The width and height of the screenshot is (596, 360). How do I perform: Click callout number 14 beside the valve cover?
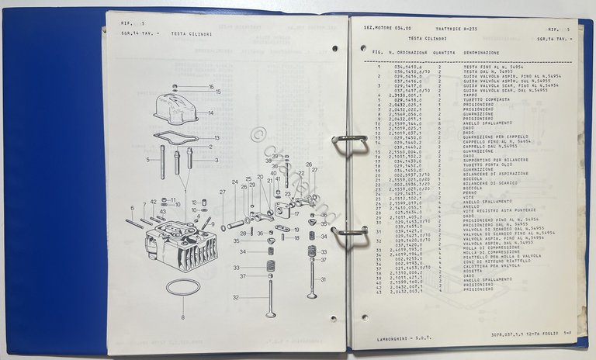tap(210, 112)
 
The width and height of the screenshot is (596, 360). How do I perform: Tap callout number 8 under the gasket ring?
tap(182, 318)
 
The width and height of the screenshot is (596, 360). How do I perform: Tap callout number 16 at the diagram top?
tap(211, 87)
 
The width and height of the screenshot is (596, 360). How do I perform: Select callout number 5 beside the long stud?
tap(148, 161)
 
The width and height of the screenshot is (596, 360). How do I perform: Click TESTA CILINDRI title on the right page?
tap(425, 37)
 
